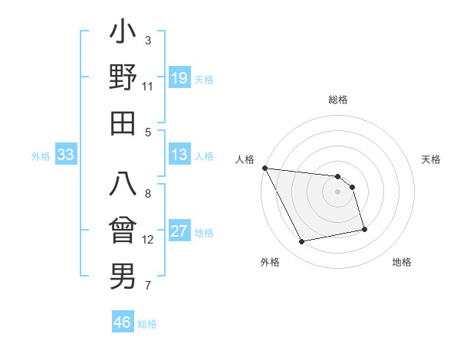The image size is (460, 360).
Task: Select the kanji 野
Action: tap(123, 78)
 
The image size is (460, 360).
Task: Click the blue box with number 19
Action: tap(179, 78)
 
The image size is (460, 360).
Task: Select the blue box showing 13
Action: tap(179, 155)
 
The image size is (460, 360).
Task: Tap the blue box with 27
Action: tap(179, 231)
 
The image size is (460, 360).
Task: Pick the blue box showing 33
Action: tap(65, 155)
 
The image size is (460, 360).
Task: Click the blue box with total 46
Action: tap(122, 322)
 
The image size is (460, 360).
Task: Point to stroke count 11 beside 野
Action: tap(147, 86)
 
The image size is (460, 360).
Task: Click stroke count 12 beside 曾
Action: tap(147, 240)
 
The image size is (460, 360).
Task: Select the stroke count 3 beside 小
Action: tap(147, 40)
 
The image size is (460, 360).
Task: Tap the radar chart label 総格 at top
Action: tap(338, 100)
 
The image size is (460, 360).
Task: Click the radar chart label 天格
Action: tap(432, 159)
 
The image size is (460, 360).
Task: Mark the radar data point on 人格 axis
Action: tap(264, 168)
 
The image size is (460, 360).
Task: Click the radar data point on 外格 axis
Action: tap(302, 242)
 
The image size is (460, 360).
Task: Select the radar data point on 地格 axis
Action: tap(364, 229)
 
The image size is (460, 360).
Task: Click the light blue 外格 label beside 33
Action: tap(40, 156)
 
